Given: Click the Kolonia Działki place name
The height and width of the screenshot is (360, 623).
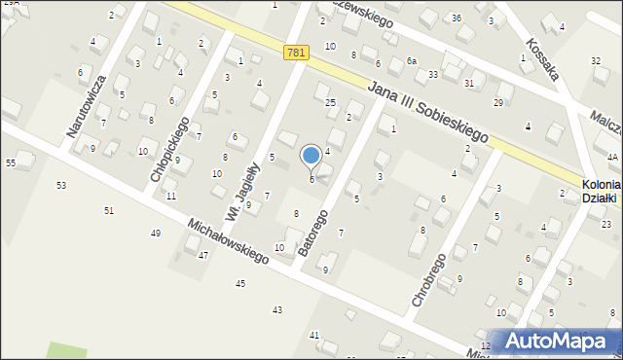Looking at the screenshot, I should tap(601, 190).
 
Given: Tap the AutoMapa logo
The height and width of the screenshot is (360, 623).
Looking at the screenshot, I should tap(552, 341).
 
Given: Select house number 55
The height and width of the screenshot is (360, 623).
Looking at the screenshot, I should tap(11, 162).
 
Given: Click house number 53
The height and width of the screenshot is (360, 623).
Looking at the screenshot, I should tap(61, 185).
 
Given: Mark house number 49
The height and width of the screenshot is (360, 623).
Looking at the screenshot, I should tap(156, 234).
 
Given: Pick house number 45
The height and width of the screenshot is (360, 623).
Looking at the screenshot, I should tap(239, 283).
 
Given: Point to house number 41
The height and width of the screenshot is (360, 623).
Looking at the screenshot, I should tap(313, 335).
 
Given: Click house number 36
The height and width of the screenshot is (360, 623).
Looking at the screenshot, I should tap(457, 18).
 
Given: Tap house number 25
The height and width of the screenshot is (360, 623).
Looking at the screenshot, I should tap(330, 102).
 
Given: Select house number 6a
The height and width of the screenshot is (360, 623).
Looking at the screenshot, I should tap(412, 61).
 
